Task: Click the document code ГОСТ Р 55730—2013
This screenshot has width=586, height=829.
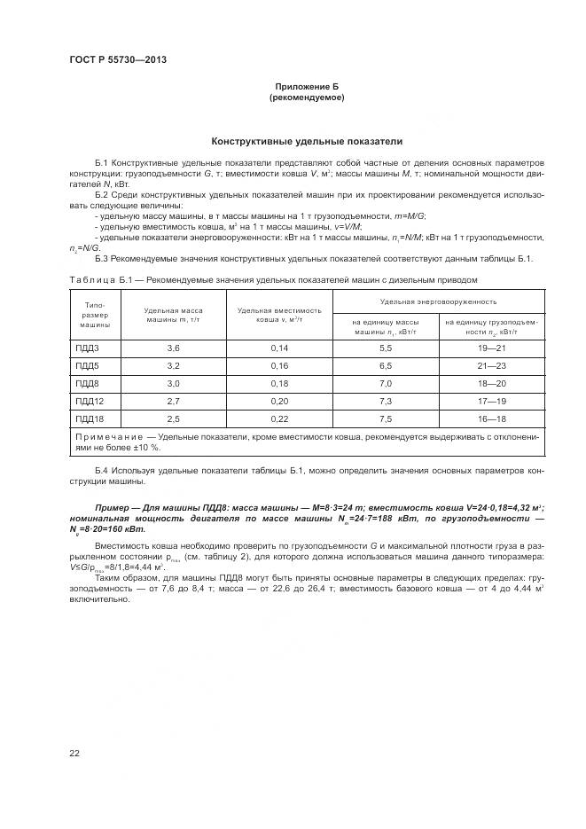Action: [x=118, y=59]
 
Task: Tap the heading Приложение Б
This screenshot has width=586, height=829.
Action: [x=306, y=86]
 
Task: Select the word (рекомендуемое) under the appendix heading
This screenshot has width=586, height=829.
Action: [x=306, y=98]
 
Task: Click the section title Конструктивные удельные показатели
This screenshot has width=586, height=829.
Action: [x=306, y=141]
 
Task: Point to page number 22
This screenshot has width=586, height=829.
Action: [x=74, y=754]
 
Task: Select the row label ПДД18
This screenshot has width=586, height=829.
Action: [x=90, y=418]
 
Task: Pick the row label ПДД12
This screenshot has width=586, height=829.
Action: [x=90, y=401]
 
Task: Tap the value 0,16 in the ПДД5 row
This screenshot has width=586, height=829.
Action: [x=280, y=364]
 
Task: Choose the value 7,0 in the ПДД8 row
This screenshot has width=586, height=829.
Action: [x=386, y=383]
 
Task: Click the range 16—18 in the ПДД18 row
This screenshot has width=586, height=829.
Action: [x=490, y=418]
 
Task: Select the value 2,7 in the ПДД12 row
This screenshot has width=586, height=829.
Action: [x=173, y=401]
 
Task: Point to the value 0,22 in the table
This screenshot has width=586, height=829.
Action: [x=280, y=418]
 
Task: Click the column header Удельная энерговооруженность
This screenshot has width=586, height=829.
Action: [x=438, y=301]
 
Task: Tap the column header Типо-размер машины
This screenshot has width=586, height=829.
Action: [x=93, y=314]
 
